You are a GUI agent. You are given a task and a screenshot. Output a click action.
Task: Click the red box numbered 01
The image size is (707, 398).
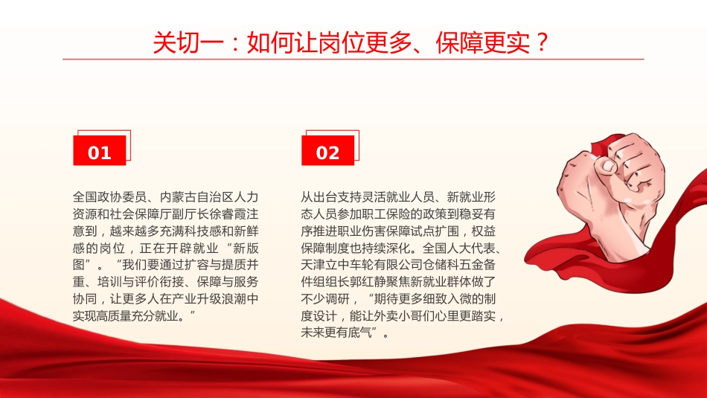(x=99, y=153)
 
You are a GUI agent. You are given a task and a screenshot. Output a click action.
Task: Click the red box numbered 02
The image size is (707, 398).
(x=327, y=153)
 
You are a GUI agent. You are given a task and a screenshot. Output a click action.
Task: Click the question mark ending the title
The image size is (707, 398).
(x=541, y=42)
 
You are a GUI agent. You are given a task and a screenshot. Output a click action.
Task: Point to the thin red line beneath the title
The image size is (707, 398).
(x=353, y=59)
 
